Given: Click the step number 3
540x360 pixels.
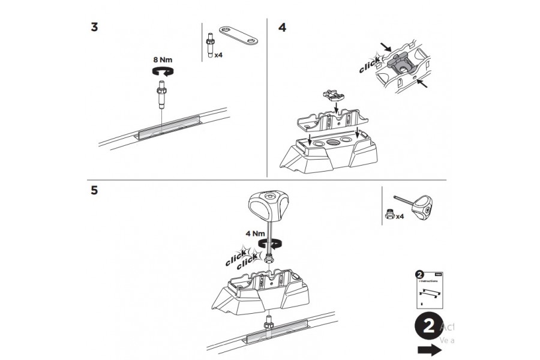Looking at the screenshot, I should point(94,28).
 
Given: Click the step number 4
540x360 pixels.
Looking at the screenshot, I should point(283,28).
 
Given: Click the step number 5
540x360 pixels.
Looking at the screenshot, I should point(94,190).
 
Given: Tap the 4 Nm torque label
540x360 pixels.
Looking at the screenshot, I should point(254,233).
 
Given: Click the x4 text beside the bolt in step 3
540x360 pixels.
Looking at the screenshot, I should point(220,54).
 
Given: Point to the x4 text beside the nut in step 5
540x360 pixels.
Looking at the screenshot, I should point(400,216).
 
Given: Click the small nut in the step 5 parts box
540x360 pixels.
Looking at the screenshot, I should point(390,214).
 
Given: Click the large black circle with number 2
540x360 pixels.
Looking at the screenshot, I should point(428,328).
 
